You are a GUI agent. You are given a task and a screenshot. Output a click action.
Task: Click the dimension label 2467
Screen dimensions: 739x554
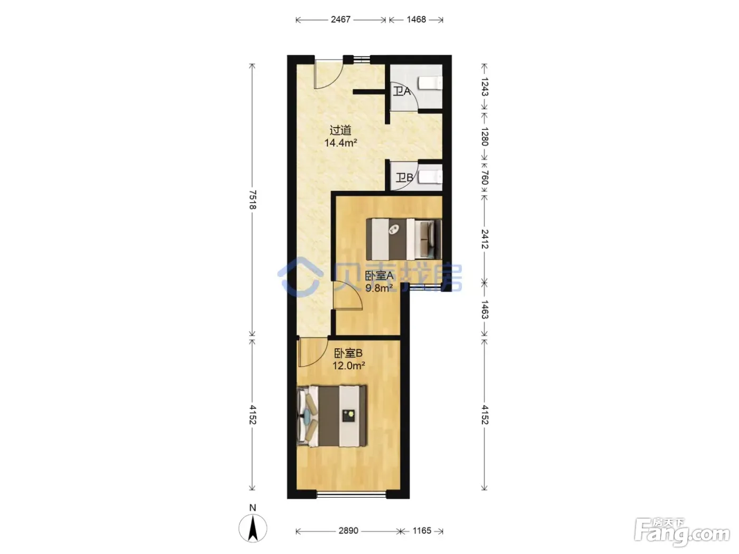pos(340,20)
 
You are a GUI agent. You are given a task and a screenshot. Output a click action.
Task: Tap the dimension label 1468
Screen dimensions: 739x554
pos(416,20)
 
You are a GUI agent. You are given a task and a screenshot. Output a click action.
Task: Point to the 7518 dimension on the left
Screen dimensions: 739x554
pos(252,200)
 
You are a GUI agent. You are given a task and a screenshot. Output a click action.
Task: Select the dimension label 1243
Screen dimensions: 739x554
pos(485,87)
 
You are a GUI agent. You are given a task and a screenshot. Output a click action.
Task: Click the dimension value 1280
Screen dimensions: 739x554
pos(485,137)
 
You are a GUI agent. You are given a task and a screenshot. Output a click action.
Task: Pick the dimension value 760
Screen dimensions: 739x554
pos(485,178)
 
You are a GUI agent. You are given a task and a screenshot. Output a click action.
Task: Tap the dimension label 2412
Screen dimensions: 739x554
pos(485,239)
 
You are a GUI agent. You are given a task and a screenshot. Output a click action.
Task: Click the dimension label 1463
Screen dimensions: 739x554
pos(485,310)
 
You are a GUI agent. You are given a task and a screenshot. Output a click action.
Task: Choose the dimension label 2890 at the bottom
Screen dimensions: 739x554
pos(348,531)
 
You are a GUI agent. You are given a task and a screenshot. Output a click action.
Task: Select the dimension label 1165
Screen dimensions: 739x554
pos(422,531)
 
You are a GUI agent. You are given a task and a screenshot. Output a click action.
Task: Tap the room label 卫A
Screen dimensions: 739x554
pos(402,91)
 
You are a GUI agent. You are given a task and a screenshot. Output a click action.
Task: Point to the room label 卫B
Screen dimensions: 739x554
pos(404,177)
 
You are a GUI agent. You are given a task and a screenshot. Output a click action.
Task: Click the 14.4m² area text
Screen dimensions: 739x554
pos(340,143)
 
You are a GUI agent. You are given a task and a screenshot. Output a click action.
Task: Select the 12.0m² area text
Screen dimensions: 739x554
pos(349,366)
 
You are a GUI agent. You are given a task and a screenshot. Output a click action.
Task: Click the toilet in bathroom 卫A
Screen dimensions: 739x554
pos(430,83)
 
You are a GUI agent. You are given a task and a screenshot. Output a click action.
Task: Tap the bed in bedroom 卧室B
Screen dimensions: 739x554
pos(331,416)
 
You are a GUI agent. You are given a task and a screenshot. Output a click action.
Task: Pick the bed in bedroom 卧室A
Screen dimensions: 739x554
pos(404,239)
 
